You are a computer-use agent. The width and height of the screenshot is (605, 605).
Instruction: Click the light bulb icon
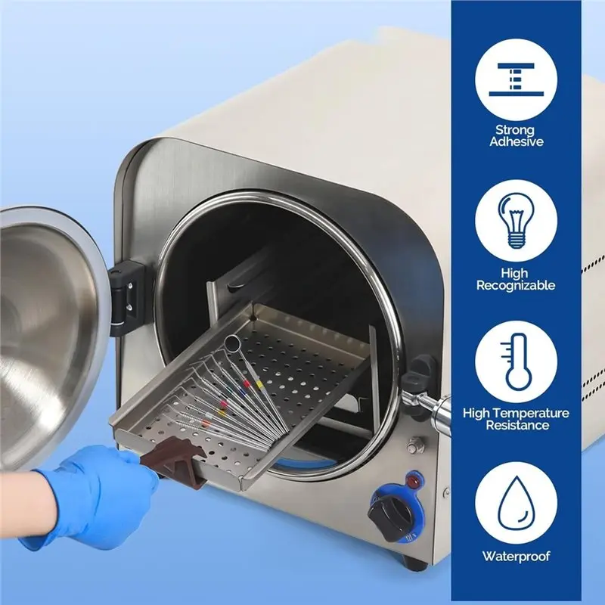click(x=516, y=221)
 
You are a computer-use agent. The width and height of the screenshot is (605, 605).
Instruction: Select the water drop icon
click(x=516, y=504)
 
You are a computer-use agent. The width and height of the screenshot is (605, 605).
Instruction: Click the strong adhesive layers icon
click(x=516, y=79)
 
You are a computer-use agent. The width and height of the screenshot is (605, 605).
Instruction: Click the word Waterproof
click(x=516, y=557)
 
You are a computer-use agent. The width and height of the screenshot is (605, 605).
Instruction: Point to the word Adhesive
click(x=517, y=141)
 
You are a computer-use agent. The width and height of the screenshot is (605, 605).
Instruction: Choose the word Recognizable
click(x=516, y=286)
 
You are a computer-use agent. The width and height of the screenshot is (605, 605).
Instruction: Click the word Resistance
click(x=517, y=425)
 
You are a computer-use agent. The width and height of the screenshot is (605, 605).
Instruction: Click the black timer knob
click(x=390, y=517)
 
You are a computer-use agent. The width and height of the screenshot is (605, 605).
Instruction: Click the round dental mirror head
click(x=233, y=343)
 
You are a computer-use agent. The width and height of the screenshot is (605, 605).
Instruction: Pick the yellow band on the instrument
click(x=259, y=384)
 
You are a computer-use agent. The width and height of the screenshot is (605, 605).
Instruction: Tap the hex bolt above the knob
click(x=415, y=445)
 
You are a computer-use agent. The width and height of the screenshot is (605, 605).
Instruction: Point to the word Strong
click(x=515, y=129)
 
